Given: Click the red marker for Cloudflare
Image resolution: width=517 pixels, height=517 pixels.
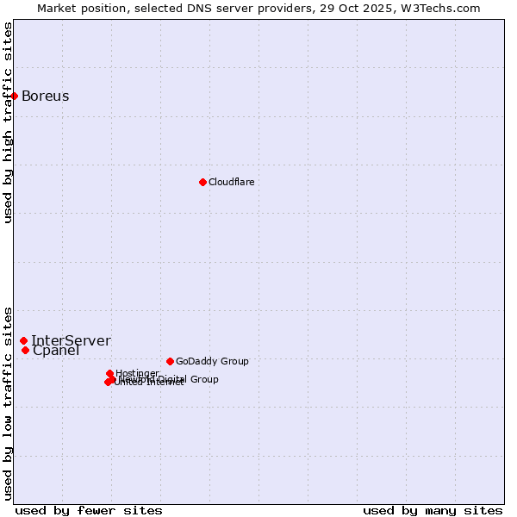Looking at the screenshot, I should click(x=202, y=182).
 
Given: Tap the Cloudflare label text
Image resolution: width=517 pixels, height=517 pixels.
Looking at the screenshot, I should click(x=231, y=182).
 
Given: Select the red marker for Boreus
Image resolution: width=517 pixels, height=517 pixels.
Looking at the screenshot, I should click(x=15, y=96).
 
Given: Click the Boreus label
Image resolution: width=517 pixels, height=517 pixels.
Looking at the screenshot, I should click(x=45, y=96).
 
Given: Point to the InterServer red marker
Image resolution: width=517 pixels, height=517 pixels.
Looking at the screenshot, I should click(x=23, y=341).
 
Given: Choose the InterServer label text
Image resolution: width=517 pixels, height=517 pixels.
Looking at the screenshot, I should click(x=71, y=340).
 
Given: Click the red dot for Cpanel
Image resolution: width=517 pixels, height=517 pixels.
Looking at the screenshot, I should click(x=25, y=350).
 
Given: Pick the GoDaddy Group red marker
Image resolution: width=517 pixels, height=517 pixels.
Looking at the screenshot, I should click(x=170, y=361).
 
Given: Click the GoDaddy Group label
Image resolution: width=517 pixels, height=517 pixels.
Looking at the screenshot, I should click(x=211, y=361).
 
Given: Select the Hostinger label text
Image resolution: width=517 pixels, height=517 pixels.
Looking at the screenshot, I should click(x=137, y=373).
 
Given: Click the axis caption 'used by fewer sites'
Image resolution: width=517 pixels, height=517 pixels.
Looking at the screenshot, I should click(x=89, y=510).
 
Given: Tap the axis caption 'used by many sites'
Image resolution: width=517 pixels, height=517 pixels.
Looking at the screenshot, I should click(x=433, y=510).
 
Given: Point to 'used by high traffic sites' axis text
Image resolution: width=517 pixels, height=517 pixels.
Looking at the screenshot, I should click(x=8, y=122).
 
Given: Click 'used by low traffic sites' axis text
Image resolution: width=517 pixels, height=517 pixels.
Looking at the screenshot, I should click(x=8, y=402).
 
